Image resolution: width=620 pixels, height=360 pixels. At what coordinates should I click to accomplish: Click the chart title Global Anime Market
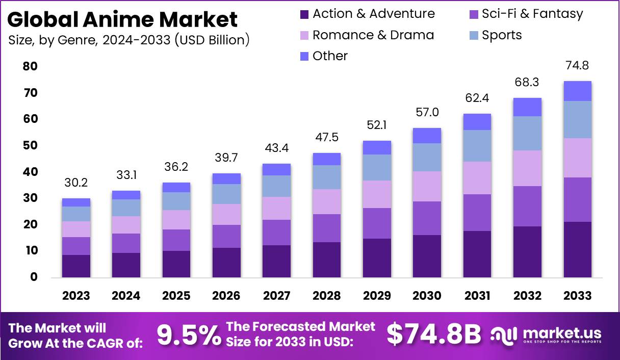point(123,19)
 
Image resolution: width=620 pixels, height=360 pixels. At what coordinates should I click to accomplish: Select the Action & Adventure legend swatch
point(304,14)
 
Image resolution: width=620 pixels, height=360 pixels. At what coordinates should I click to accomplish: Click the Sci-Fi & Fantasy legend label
point(532,14)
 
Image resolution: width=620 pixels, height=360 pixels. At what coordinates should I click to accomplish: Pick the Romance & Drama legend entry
point(373,35)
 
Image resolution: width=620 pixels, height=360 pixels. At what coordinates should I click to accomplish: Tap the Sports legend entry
point(502,35)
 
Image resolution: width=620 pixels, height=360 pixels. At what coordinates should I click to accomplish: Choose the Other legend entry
point(330,56)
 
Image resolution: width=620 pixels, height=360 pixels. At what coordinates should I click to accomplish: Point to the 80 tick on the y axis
point(30,66)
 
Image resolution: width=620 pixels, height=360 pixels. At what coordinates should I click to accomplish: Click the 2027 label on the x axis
point(276,296)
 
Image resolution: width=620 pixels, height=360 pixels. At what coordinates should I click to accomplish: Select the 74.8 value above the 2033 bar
point(577,65)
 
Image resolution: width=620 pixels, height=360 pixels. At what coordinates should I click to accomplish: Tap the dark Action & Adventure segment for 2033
point(577,249)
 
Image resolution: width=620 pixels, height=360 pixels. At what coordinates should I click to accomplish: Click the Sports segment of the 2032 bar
point(527,133)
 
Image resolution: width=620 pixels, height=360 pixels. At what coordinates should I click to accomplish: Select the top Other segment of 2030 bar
point(427,136)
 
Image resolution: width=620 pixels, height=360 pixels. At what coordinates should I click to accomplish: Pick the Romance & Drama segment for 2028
point(326,201)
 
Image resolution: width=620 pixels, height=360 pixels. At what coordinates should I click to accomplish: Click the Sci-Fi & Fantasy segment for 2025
point(176,240)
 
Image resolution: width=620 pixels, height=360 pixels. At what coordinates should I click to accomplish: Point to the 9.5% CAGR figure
point(189,335)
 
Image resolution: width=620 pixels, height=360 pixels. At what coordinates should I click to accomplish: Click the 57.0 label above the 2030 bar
point(427,112)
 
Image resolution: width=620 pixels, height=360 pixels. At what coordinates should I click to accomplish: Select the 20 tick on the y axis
point(30,224)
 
